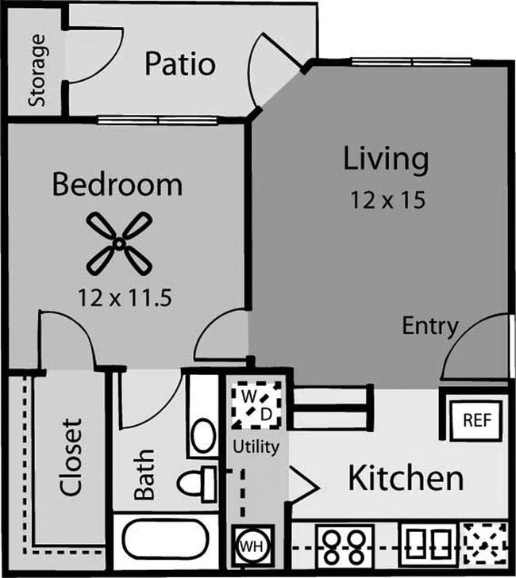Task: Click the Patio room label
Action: tap(179, 64)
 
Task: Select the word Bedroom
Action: tap(117, 185)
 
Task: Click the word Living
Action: tap(386, 159)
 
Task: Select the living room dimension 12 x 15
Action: tap(387, 200)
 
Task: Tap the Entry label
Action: tap(429, 326)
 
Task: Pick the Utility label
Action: tap(255, 447)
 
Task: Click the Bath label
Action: tap(144, 475)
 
